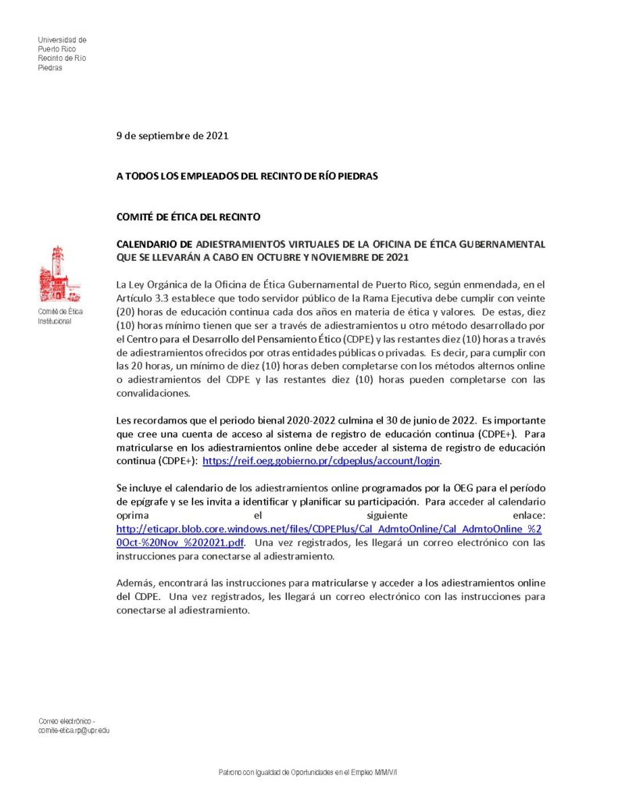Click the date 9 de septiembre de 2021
172,135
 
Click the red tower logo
55,274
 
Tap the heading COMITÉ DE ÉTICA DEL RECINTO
188,216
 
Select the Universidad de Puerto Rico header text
62,53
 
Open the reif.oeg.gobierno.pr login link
321,462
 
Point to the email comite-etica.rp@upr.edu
74,730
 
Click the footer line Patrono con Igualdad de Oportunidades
308,773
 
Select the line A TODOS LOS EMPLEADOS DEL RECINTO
247,176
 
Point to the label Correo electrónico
66,720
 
